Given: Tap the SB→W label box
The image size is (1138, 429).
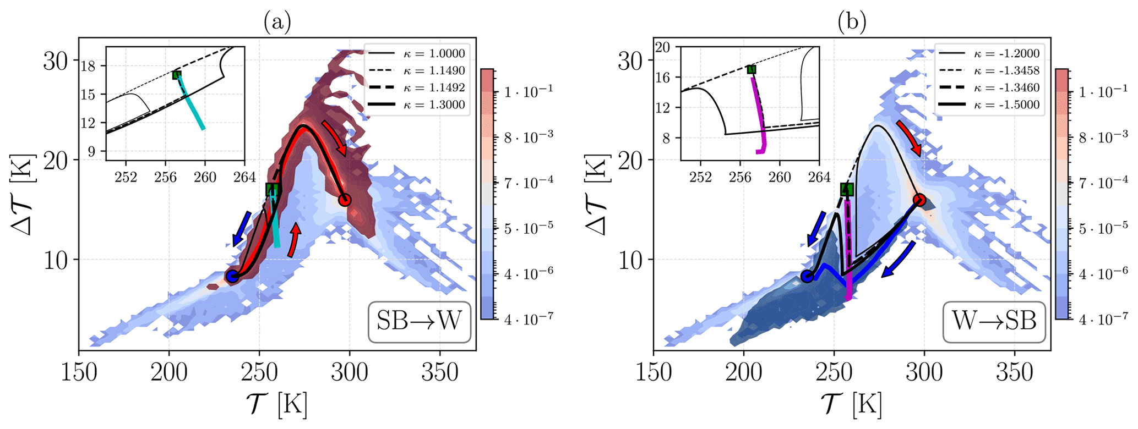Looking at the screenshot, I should [419, 321].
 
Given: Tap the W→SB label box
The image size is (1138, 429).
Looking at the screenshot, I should [994, 321].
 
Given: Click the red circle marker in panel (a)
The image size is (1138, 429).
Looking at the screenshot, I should [345, 200].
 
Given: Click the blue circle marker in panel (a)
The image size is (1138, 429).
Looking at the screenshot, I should [233, 276].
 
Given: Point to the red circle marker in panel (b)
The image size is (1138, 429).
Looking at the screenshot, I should [919, 200].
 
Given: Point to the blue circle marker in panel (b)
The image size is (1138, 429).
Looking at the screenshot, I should [807, 276].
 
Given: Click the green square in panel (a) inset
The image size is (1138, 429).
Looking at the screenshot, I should [176, 75].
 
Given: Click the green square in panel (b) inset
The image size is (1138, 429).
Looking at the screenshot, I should [751, 69].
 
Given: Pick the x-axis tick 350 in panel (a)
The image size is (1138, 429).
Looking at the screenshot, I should [439, 373].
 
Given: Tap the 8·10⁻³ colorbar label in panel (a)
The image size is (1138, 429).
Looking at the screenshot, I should [523, 136].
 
